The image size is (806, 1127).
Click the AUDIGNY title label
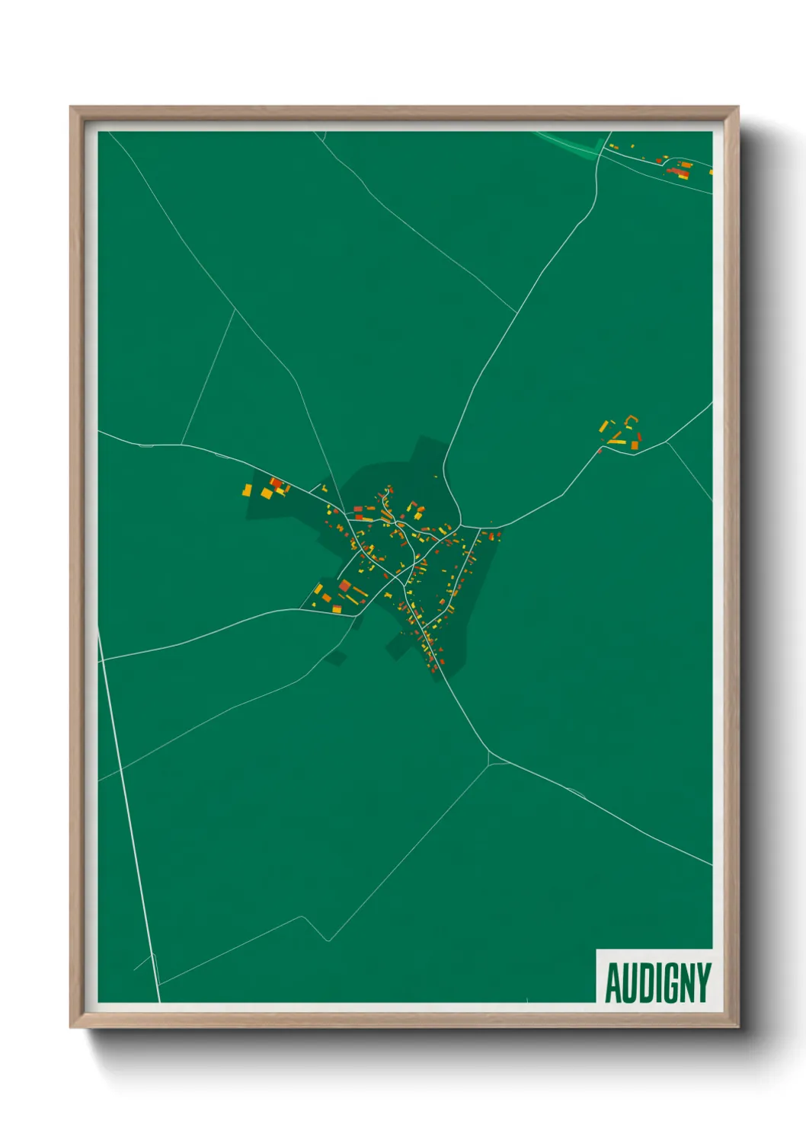tap(657, 982)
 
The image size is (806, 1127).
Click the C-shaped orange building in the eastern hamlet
tap(630, 420)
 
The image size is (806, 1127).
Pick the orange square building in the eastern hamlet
tap(634, 445)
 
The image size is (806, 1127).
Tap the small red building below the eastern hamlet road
tap(600, 451)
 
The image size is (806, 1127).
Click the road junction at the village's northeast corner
tap(462, 525)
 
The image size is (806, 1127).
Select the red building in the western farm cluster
tap(276, 483)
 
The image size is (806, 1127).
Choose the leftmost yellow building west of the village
tap(247, 490)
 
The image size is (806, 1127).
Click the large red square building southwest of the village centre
tap(344, 586)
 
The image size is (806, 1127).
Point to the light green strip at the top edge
tap(571, 142)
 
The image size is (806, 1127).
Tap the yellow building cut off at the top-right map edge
tap(711, 172)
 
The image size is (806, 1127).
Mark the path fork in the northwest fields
tap(235, 308)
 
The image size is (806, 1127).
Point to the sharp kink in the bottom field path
tap(328, 940)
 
